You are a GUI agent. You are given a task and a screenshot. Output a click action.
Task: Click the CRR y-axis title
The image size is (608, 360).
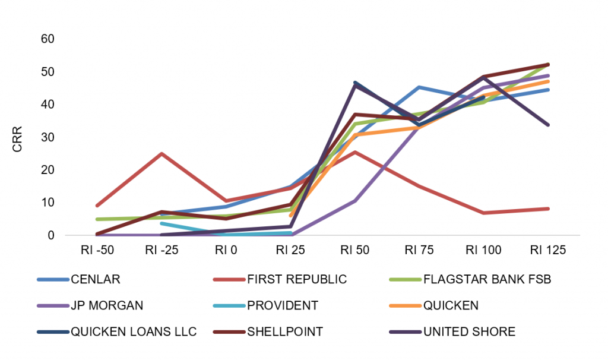point(17,139)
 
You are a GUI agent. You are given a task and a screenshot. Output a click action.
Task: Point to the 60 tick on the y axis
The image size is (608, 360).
point(47,39)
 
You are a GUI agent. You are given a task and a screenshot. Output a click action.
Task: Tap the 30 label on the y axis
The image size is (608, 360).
point(47,137)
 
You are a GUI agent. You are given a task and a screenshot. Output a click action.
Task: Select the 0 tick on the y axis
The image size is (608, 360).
point(51,235)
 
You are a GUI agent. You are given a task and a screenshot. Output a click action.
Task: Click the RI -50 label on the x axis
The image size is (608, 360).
point(97,250)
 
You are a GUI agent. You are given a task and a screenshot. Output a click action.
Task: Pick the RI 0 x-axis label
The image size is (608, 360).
point(226,250)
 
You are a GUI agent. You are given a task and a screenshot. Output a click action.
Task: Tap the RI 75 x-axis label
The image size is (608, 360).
point(419,250)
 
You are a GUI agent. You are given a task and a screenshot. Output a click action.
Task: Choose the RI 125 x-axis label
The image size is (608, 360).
point(548,250)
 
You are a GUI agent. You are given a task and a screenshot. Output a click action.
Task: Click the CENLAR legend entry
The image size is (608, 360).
point(79,279)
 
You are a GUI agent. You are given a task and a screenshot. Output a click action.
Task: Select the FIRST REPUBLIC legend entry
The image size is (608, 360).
point(280,279)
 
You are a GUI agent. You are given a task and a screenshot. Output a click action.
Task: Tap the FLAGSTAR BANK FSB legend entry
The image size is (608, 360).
point(470,279)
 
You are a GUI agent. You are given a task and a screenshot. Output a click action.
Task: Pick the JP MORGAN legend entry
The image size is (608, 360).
point(90,305)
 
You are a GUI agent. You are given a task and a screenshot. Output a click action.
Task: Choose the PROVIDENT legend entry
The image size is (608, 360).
point(266,305)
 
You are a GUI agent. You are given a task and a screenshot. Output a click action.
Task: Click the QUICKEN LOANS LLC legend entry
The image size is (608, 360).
point(117,331)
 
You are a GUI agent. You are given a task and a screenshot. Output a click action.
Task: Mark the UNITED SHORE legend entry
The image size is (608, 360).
point(452,331)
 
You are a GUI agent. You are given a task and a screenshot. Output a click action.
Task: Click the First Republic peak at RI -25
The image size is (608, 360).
point(161,154)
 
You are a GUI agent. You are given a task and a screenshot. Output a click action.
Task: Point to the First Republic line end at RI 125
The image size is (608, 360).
point(548,209)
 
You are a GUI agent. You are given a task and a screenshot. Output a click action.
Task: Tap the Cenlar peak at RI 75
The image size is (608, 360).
point(419,88)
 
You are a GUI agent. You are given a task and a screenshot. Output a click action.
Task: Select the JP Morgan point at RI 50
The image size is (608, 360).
point(355,201)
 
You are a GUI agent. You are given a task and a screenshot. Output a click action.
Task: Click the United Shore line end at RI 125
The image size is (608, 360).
point(548,125)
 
